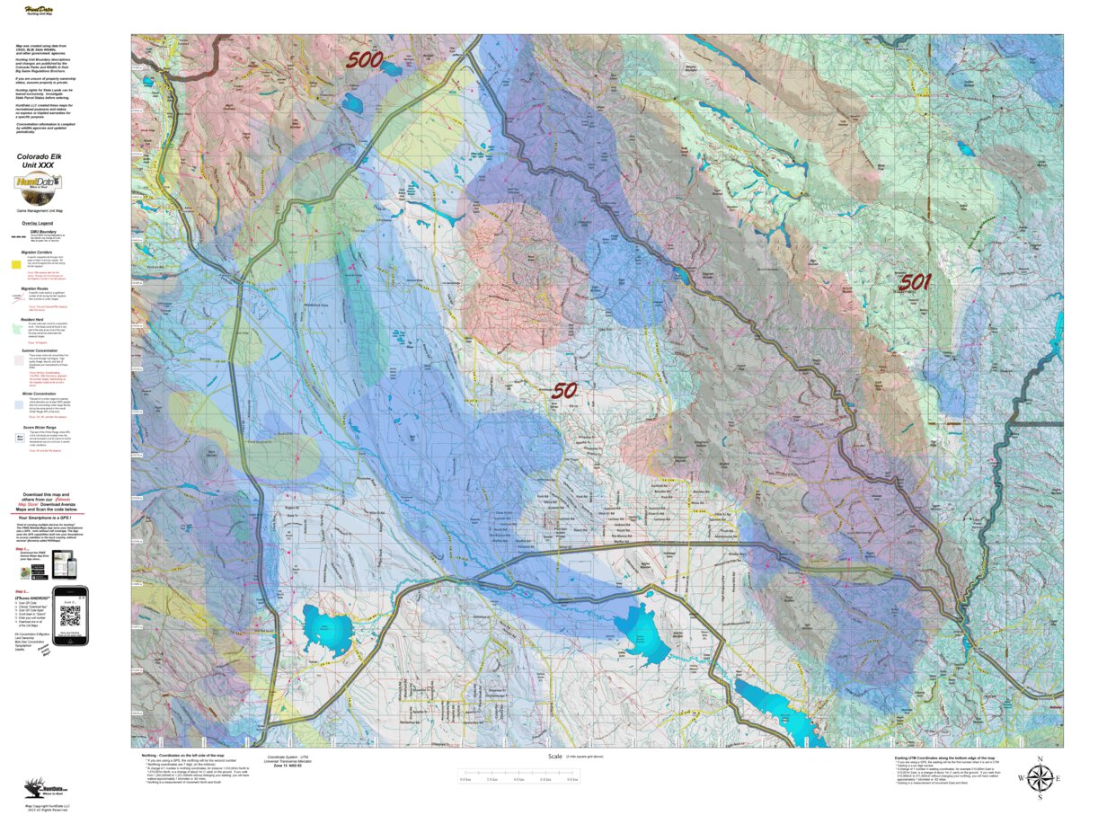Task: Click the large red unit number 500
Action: coord(366,60)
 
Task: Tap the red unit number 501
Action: coord(914,282)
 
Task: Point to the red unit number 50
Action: coord(563,391)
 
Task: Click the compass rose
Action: coord(1040,778)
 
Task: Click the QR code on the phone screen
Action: coord(70,616)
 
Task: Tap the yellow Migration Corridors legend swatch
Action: coord(16,265)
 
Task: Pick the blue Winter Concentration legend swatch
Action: coord(16,404)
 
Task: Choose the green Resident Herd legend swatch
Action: coord(16,330)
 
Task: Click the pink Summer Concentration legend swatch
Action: coord(16,359)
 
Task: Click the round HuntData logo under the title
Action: coord(39,186)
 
